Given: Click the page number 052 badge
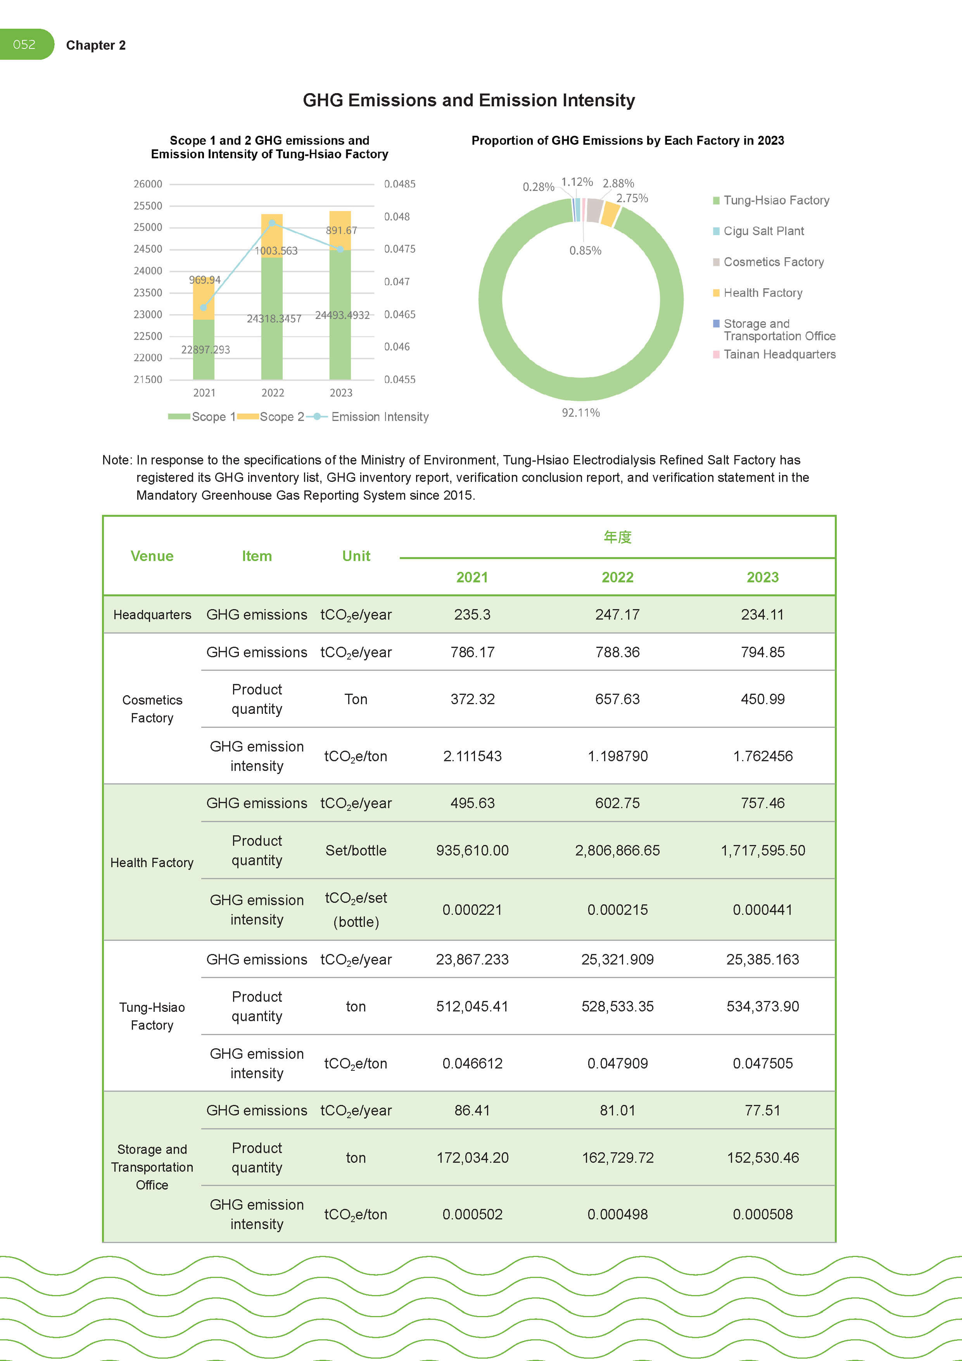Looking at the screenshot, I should (25, 45).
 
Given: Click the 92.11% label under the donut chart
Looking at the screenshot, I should (580, 412).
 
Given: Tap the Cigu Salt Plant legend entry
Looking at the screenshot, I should (763, 231).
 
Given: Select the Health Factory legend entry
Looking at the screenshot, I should (762, 293).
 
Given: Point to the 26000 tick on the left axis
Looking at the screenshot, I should (147, 184).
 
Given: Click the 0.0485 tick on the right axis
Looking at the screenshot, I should (399, 184).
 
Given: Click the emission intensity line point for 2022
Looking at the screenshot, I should (272, 223).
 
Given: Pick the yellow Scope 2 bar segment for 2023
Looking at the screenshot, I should (340, 230).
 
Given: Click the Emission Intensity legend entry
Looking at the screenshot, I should (379, 417).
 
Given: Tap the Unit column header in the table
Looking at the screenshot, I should (356, 556).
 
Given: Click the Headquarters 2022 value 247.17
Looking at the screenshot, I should (617, 615).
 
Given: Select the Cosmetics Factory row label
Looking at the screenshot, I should (152, 709).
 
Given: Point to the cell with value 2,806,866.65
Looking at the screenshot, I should (617, 850).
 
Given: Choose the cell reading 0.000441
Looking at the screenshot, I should (762, 910).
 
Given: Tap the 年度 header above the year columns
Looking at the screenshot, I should (617, 537).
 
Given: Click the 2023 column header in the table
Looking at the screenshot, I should (762, 577).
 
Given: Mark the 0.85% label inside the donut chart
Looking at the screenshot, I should (585, 251).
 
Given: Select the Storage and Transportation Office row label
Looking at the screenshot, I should (152, 1167).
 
